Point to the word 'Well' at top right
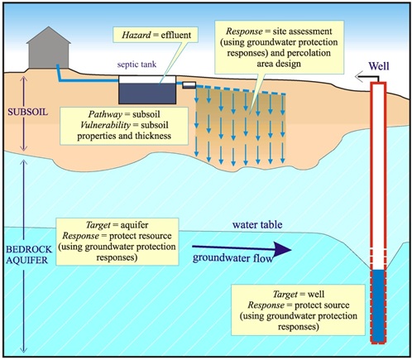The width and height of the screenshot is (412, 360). tap(376, 60)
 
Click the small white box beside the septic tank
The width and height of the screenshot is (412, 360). tap(188, 84)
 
